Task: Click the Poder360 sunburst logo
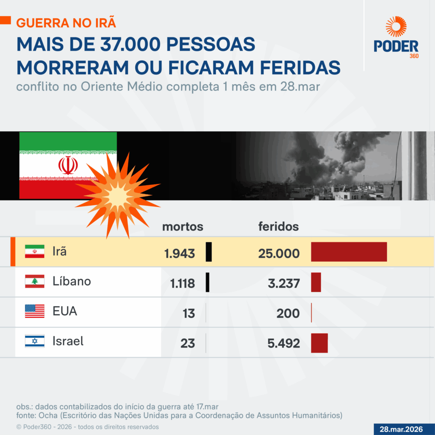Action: tap(396, 26)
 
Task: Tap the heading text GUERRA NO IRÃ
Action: tap(66, 22)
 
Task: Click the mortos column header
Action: tap(183, 227)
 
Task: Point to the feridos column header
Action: tap(278, 227)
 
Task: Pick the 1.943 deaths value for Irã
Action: tap(180, 254)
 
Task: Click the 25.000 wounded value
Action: tap(279, 254)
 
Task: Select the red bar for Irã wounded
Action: tap(349, 252)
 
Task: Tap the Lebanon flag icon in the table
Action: tap(34, 281)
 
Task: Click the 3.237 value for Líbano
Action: tap(284, 283)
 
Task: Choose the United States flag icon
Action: tap(34, 311)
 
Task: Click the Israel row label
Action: tap(68, 341)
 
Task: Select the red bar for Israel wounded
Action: tap(319, 343)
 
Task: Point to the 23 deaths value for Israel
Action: tap(187, 343)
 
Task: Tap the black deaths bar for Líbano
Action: tap(208, 282)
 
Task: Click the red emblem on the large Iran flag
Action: tap(68, 166)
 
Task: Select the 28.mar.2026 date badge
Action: tap(404, 429)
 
